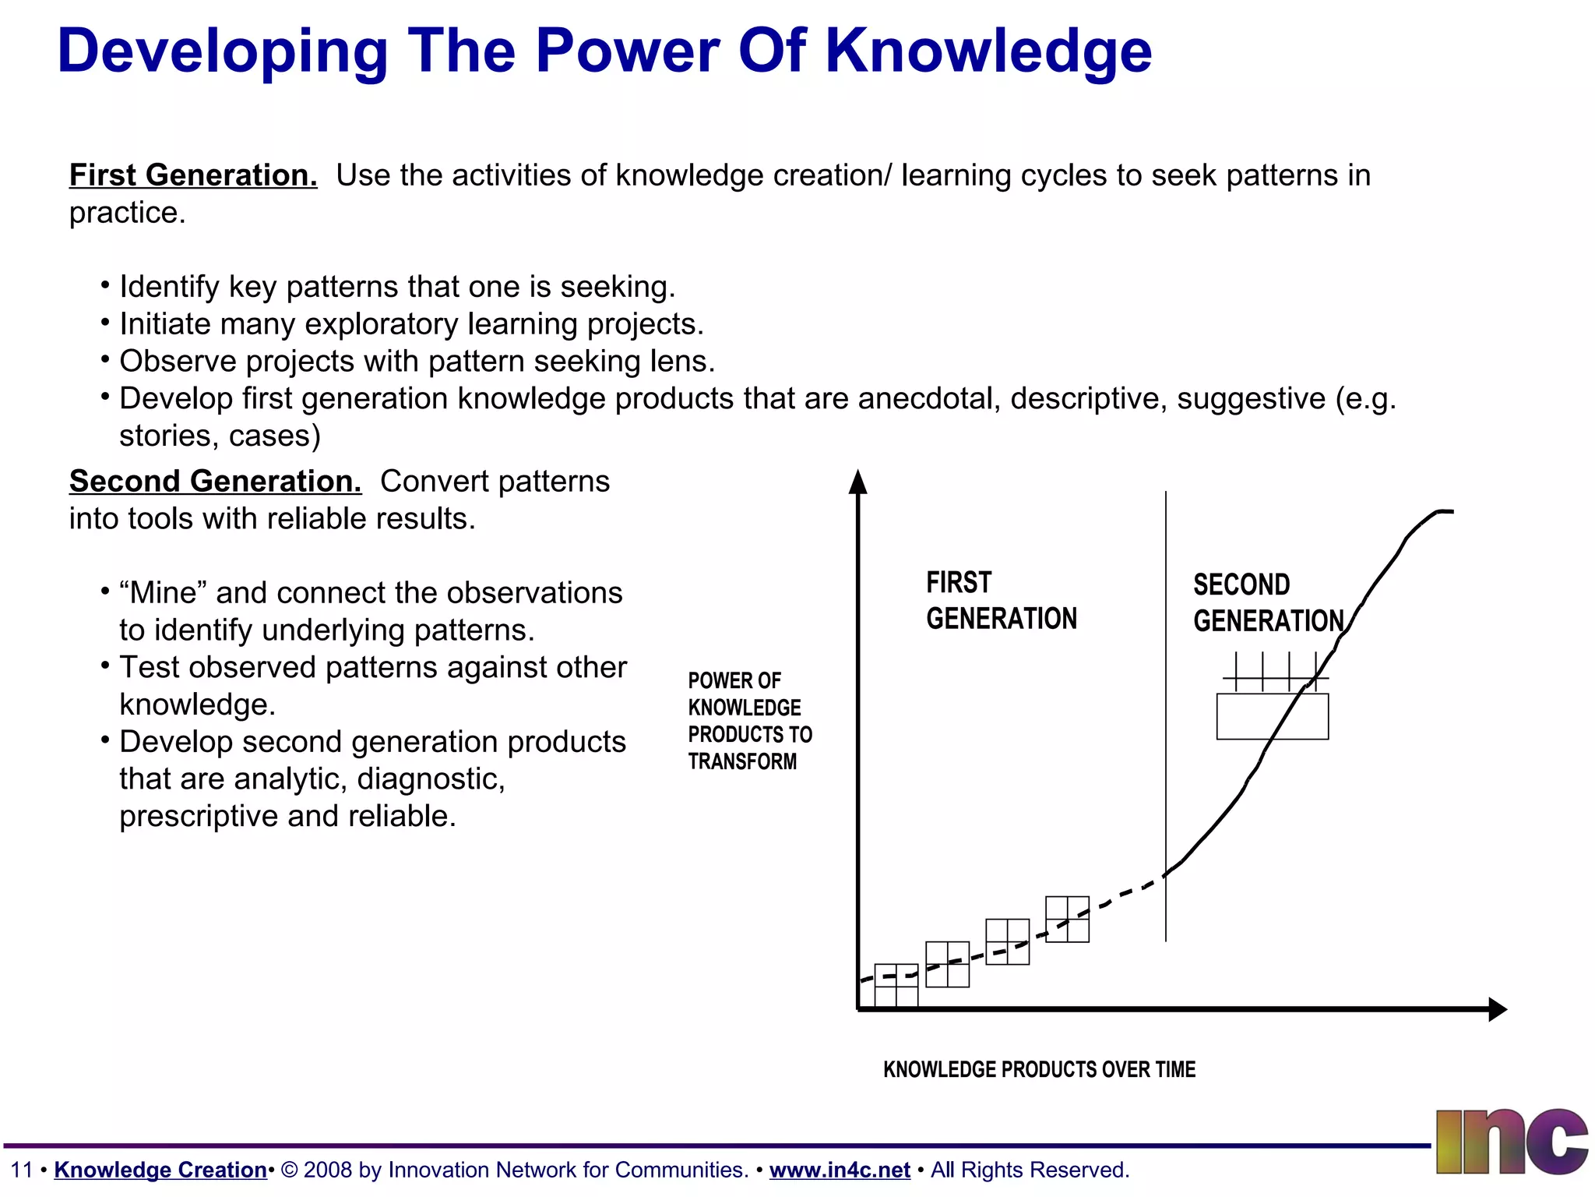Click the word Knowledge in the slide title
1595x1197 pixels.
[988, 51]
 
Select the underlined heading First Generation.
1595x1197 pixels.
[193, 175]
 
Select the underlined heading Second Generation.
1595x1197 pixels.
[215, 482]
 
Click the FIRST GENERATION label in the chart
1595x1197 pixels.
[1001, 601]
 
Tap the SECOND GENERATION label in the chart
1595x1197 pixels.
[1268, 603]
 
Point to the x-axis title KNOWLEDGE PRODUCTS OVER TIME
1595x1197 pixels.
[1039, 1069]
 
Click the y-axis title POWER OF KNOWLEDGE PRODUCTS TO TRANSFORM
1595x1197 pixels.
[748, 721]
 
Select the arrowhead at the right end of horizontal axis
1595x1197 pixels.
[1497, 1009]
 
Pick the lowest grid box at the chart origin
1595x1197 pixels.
[896, 986]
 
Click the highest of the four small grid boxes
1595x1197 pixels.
[1067, 920]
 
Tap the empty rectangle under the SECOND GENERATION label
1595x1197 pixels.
[1272, 717]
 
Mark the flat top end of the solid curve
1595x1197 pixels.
[1445, 511]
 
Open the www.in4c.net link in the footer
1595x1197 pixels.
[840, 1170]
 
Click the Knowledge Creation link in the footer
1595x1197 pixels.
[160, 1170]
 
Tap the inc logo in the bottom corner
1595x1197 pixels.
[1511, 1142]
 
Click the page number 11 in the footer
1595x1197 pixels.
[21, 1170]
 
